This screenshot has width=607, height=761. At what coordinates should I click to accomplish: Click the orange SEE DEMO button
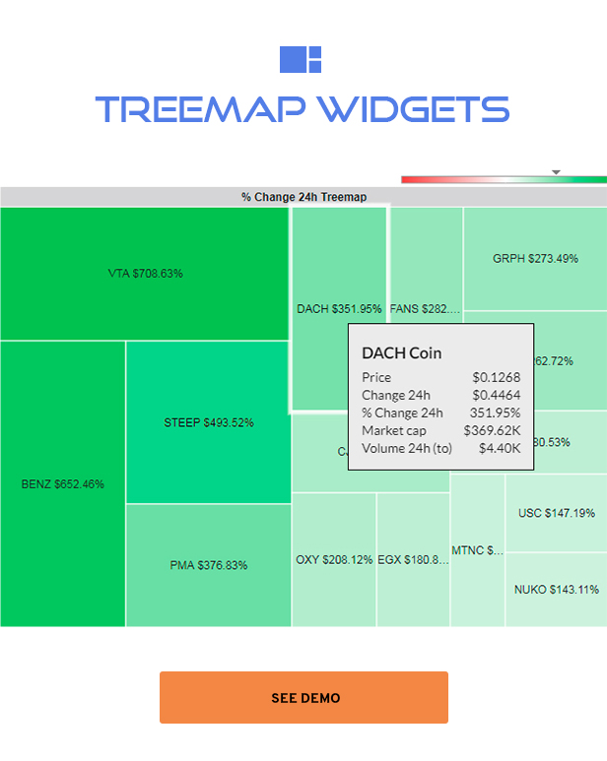303,698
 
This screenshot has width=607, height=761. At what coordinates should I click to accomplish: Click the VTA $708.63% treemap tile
145,274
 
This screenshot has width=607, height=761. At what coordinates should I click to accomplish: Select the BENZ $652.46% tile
62,484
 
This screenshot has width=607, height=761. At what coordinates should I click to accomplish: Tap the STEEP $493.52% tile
208,423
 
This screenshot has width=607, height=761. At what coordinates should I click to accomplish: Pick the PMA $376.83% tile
208,565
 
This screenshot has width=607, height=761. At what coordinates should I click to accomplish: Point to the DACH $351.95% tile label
338,309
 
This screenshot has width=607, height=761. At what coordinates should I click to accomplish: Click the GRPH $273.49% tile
535,259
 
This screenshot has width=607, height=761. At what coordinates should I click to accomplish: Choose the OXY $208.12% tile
334,560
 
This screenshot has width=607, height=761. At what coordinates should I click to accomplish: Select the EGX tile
413,560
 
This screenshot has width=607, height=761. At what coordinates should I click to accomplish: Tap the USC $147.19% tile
556,513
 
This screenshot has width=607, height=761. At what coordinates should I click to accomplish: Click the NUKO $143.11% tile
556,590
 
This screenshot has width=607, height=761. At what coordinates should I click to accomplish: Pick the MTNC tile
477,550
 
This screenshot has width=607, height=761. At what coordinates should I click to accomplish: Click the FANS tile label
425,309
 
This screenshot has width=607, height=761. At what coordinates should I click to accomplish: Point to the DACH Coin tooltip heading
401,352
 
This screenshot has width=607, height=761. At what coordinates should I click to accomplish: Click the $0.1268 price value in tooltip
497,377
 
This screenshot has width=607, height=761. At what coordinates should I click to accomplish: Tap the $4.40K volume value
501,448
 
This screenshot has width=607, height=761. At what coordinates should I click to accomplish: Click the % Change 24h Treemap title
303,197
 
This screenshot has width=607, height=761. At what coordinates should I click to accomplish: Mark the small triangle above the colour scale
556,172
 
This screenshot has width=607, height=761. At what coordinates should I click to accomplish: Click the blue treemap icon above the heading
301,59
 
